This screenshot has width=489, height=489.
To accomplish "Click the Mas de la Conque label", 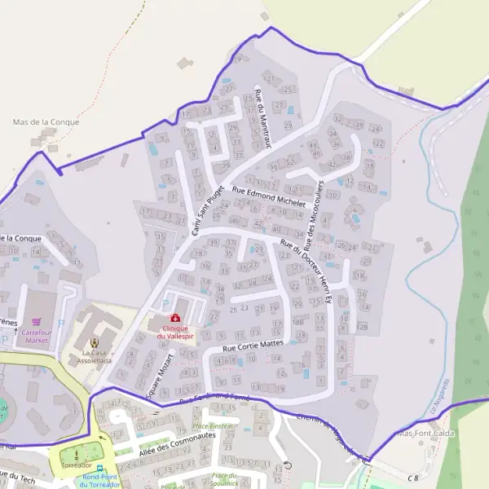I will coord(46,122).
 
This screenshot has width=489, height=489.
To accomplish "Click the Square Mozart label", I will coord(160,376).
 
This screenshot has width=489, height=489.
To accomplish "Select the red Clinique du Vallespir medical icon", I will coord(174,318).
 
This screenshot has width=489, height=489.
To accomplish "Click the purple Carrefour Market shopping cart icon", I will coord(36,324).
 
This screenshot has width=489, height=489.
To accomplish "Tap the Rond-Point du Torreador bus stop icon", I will coord(100,469).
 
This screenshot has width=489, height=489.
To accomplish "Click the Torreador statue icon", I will coord(77,452).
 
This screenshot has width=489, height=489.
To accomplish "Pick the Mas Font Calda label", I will coord(424,434).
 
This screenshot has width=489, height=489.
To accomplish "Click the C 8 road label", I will coord(413,477).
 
